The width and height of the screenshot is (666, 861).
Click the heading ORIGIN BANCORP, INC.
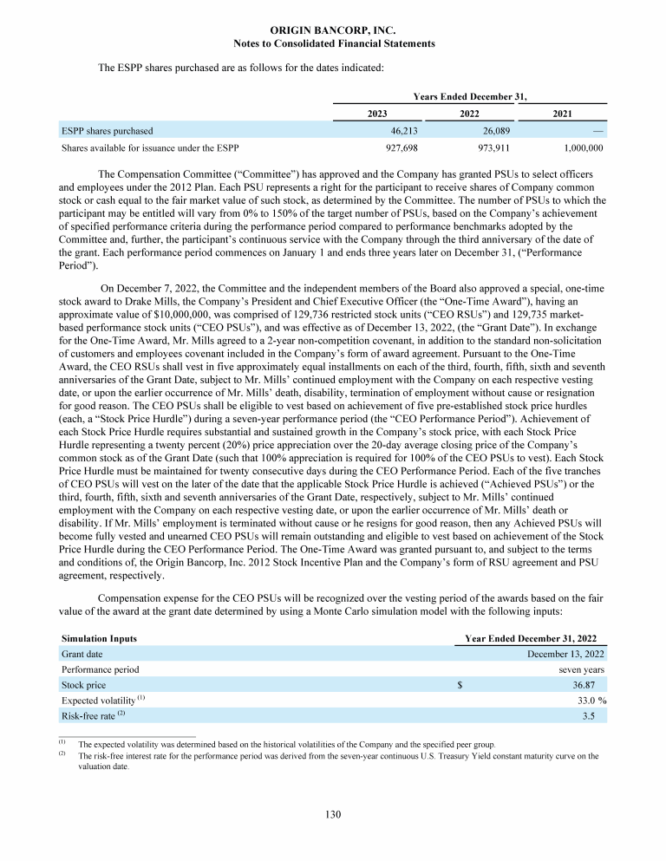click(x=334, y=30)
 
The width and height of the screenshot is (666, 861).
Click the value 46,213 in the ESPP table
click(x=391, y=131)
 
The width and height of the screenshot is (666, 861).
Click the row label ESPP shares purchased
click(x=107, y=131)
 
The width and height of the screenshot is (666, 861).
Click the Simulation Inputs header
click(x=99, y=638)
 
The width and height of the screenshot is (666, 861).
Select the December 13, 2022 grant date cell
click(x=565, y=654)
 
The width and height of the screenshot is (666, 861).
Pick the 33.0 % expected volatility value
click(x=586, y=701)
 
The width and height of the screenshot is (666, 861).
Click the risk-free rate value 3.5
click(x=597, y=716)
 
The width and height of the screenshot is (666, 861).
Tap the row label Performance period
click(x=100, y=669)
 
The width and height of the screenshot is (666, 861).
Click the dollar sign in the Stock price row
click(x=460, y=684)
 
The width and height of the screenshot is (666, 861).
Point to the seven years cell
click(x=581, y=669)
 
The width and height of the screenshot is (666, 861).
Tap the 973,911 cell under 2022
click(x=486, y=147)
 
